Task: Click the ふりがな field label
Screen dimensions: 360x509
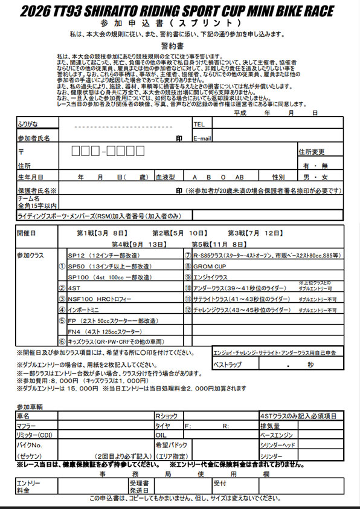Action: tap(28, 124)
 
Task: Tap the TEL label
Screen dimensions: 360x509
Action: tap(199, 124)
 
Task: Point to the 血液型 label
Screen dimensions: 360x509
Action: tap(165, 177)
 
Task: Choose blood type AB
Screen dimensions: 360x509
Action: tap(239, 177)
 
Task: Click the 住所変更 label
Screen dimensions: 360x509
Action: tap(312, 152)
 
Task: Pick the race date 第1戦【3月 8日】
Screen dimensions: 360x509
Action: tap(101, 233)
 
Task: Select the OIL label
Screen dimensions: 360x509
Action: tap(161, 435)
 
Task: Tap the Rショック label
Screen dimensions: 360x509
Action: tap(167, 417)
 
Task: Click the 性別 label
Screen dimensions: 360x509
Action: tap(278, 177)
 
